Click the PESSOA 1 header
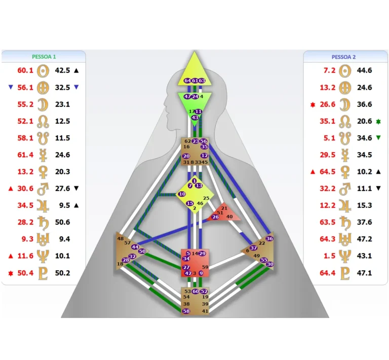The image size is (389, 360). pyautogui.click(x=44, y=57)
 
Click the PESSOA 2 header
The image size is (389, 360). pyautogui.click(x=343, y=57)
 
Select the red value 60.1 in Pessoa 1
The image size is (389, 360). pyautogui.click(x=25, y=70)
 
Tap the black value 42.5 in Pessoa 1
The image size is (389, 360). pyautogui.click(x=62, y=70)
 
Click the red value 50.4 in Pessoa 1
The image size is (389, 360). pyautogui.click(x=25, y=273)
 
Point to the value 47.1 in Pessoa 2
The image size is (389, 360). pyautogui.click(x=364, y=273)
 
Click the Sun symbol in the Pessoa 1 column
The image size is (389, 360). pyautogui.click(x=44, y=70)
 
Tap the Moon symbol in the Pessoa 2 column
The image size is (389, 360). pyautogui.click(x=345, y=104)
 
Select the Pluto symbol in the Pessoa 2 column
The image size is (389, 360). pyautogui.click(x=345, y=273)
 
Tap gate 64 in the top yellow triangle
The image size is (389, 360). pyautogui.click(x=187, y=81)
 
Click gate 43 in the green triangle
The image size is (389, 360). pyautogui.click(x=195, y=117)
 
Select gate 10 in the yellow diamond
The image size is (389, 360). pyautogui.click(x=181, y=194)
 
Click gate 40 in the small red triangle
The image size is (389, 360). pyautogui.click(x=229, y=217)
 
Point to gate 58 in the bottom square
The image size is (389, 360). pyautogui.click(x=186, y=311)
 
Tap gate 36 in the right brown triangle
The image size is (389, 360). pyautogui.click(x=269, y=238)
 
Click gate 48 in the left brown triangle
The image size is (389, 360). pyautogui.click(x=120, y=238)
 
